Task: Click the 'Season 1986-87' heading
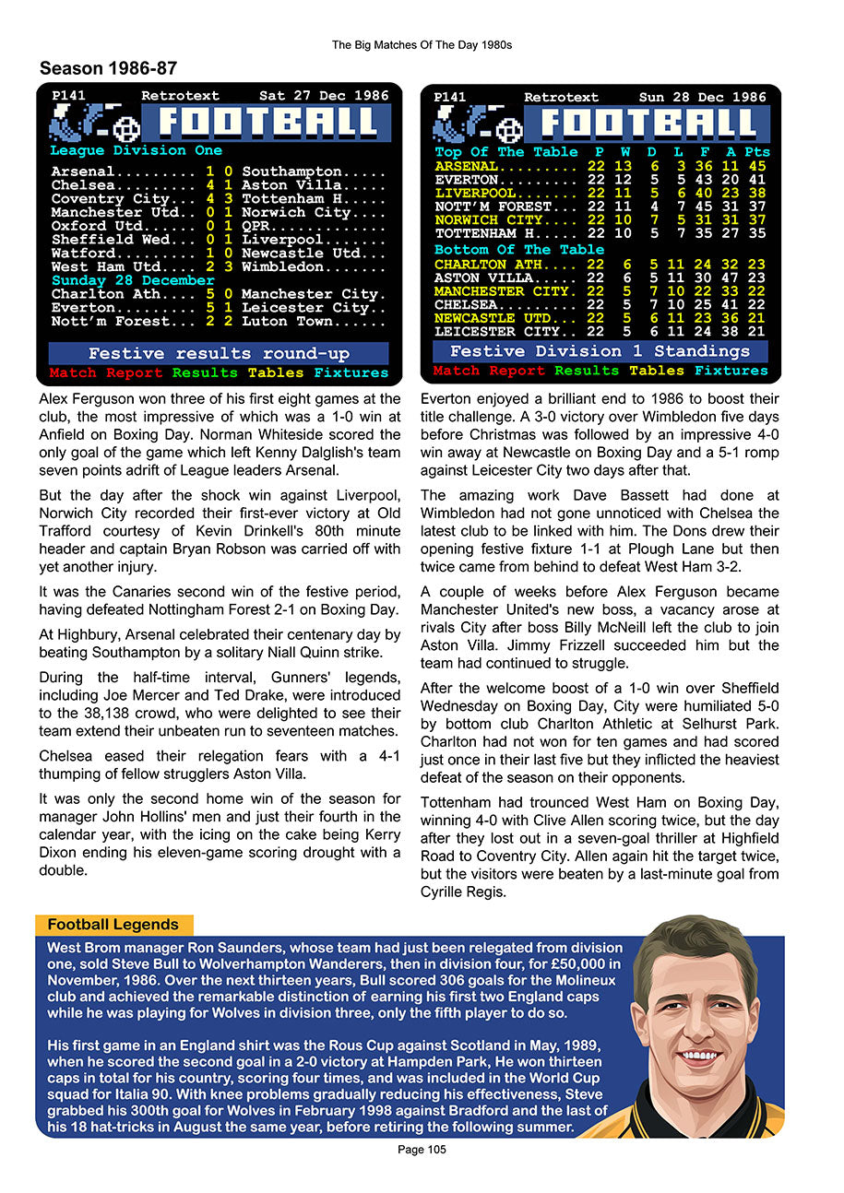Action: click(108, 68)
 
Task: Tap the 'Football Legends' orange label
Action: click(113, 925)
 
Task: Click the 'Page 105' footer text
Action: click(422, 1150)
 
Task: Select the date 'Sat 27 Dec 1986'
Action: click(324, 96)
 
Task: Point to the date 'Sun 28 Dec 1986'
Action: click(703, 97)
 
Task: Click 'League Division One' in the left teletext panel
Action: click(136, 150)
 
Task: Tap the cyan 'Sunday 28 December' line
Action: click(133, 280)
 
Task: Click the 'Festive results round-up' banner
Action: click(218, 354)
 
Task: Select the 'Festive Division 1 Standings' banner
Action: click(600, 351)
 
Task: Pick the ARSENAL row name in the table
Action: click(466, 166)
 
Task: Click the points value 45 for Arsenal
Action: click(756, 166)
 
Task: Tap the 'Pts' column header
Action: click(756, 152)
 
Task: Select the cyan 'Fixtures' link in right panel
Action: click(731, 371)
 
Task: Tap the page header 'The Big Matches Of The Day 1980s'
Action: click(422, 44)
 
